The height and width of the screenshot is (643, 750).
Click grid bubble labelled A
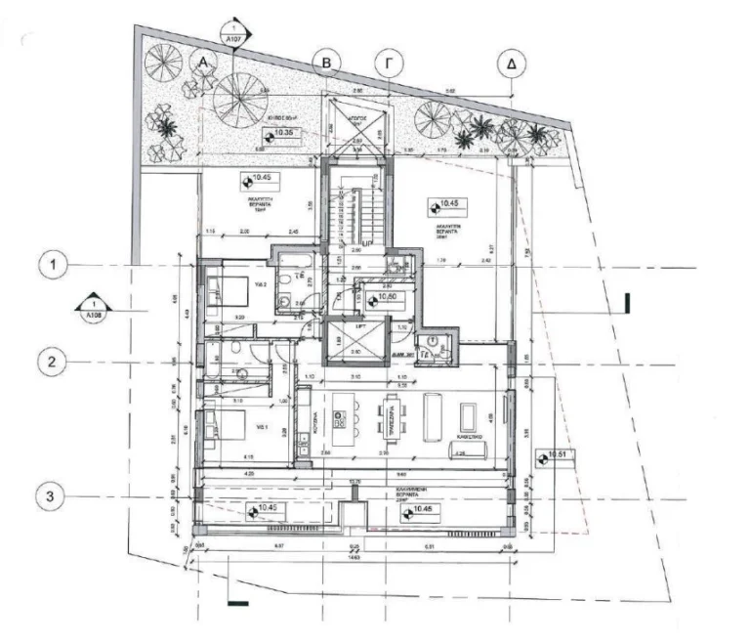203,62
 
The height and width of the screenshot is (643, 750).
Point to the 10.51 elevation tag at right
553,455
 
